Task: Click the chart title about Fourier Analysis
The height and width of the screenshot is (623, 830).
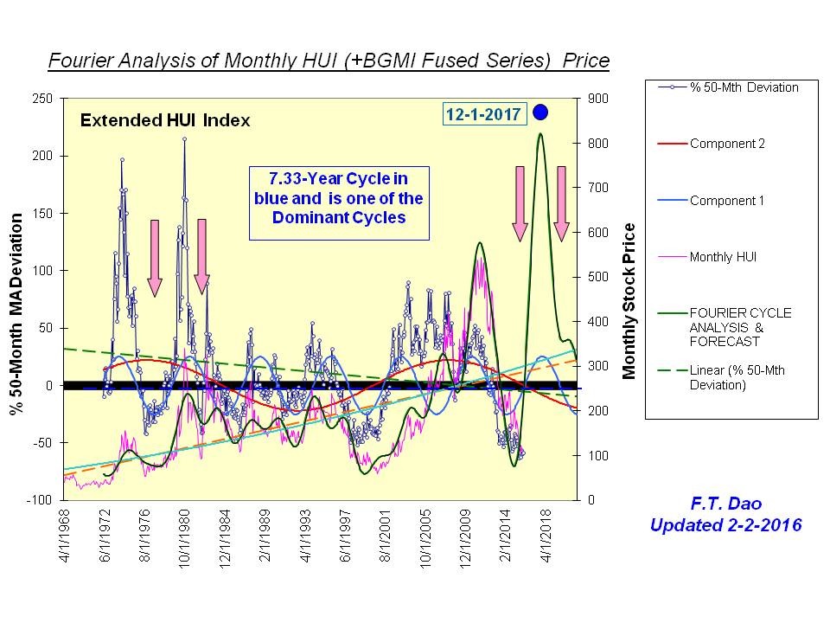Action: tap(329, 61)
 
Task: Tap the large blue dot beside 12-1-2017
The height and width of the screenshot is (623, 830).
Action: tap(541, 112)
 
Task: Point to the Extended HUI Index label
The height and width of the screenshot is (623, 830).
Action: tap(165, 121)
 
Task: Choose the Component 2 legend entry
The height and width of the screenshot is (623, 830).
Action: tap(726, 144)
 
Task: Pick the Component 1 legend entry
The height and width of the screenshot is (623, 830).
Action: tap(726, 200)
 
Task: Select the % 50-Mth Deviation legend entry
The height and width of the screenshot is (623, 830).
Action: tap(744, 87)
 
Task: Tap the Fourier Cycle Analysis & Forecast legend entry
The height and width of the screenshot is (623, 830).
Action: tap(740, 326)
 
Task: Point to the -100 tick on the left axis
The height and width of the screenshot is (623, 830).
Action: tap(40, 500)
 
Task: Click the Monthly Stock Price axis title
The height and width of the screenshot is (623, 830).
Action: tap(629, 300)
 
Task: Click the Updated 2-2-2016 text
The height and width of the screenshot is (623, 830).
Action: tap(725, 524)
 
